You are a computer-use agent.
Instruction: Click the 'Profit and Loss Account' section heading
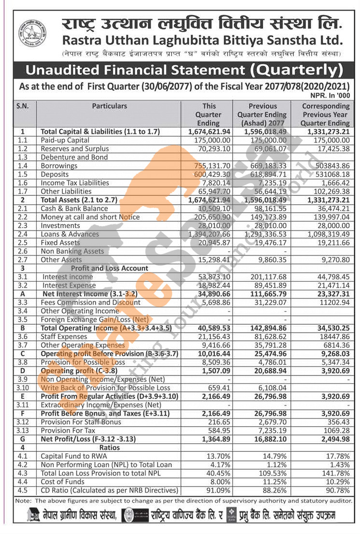(x=110, y=268)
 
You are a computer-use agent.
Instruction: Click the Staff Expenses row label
(x=64, y=336)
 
